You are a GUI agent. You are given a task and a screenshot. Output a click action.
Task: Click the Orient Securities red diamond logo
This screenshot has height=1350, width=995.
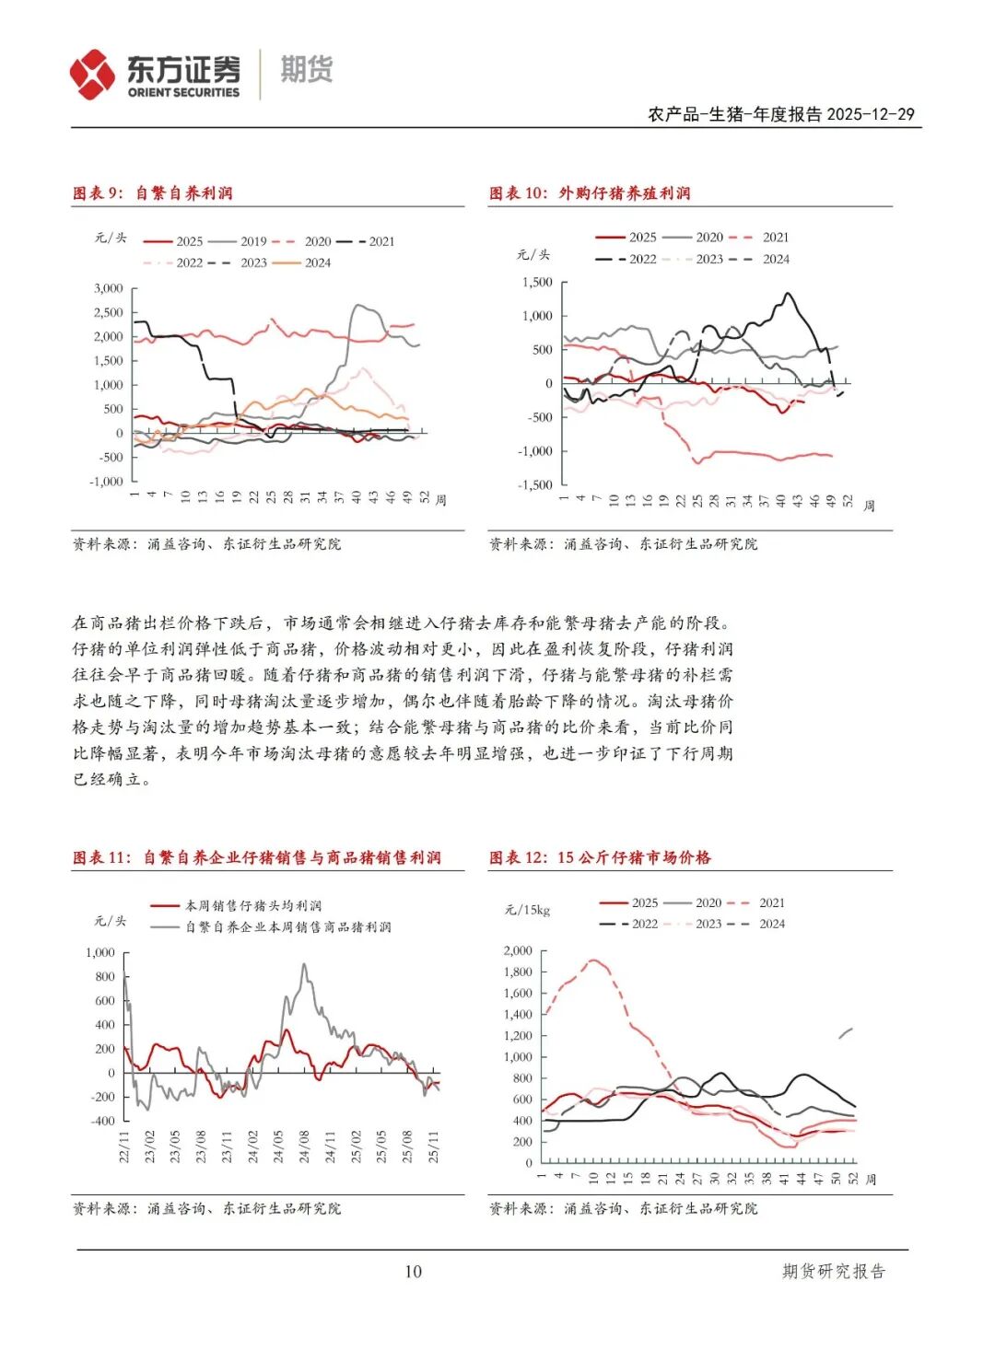93,74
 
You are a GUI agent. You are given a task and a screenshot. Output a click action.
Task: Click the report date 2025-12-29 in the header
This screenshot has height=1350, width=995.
870,114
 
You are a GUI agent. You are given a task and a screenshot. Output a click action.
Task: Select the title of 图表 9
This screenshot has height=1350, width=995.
153,193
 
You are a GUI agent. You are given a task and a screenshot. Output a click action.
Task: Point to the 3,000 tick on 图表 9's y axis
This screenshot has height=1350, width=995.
108,288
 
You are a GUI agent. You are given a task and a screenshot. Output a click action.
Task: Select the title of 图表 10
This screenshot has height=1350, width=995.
590,193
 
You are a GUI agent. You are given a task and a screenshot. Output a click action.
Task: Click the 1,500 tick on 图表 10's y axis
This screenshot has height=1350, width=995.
537,283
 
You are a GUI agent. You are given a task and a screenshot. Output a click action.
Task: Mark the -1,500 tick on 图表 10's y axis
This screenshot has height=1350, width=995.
535,484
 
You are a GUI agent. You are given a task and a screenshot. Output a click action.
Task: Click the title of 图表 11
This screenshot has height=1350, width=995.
257,858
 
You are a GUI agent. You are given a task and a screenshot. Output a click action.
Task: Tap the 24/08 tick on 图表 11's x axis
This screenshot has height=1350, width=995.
304,1146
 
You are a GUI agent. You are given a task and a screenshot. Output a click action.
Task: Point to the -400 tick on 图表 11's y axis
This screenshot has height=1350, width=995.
102,1121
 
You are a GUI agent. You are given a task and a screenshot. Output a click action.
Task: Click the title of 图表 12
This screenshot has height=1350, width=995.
600,858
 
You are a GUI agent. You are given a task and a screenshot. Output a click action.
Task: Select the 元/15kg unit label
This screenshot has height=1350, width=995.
527,910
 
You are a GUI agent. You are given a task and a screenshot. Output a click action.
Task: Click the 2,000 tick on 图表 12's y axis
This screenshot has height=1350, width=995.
518,950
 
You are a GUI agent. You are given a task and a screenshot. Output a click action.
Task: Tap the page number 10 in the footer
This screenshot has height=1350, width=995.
413,1272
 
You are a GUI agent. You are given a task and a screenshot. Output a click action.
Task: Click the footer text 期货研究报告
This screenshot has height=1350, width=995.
833,1272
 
